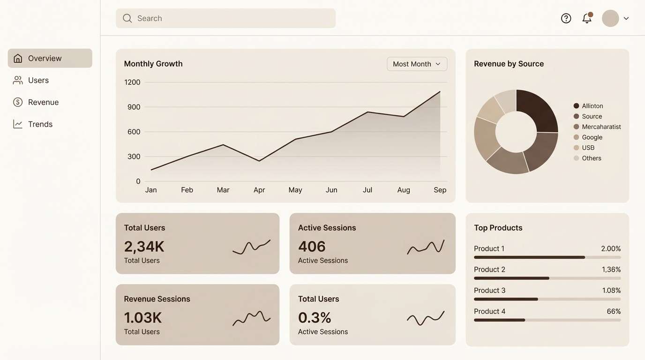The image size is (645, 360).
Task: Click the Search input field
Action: click(225, 18)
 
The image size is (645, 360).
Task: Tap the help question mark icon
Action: click(566, 18)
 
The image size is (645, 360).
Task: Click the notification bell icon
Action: click(586, 18)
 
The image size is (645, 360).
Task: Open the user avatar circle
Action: click(610, 18)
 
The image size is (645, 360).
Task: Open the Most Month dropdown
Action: click(417, 64)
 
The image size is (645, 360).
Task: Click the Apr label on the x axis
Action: click(259, 190)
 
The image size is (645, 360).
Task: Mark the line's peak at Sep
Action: click(440, 91)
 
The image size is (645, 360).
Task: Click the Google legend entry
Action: click(592, 137)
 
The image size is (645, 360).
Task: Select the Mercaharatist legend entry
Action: click(601, 127)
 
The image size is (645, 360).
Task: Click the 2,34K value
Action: click(144, 247)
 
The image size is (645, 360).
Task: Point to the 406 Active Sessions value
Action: click(312, 247)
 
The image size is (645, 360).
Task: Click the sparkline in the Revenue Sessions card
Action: click(252, 318)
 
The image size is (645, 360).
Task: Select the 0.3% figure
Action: click(315, 318)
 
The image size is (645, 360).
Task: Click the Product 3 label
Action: click(489, 290)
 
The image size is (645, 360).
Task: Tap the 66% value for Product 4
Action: click(614, 311)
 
